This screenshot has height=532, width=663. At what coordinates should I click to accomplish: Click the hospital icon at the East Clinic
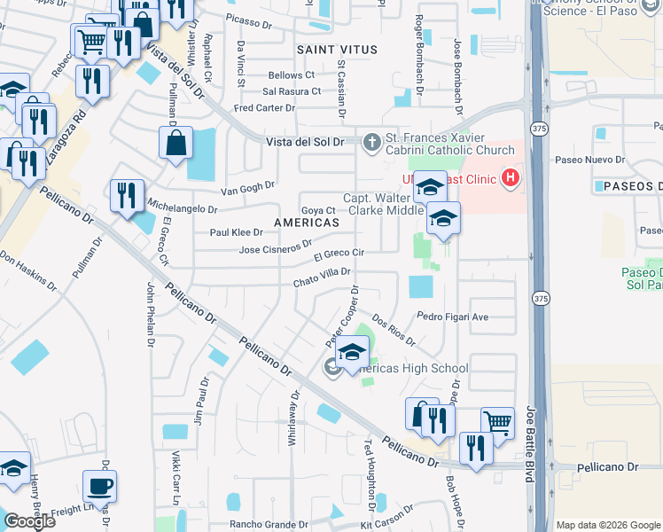pos(510,178)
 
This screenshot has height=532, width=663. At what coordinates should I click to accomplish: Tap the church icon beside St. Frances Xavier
pos(371,140)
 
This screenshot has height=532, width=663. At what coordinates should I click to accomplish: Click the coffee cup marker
pos(98,488)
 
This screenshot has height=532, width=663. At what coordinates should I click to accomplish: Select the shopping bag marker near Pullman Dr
pos(175,142)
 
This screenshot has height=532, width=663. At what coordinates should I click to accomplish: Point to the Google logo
pos(29,521)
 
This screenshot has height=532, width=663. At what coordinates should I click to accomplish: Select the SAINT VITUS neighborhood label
pos(331,49)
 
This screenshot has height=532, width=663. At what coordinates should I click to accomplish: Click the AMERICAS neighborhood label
pos(307,223)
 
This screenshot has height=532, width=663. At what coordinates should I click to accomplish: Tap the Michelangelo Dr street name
pos(183,208)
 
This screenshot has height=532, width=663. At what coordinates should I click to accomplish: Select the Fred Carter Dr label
pos(263,108)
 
